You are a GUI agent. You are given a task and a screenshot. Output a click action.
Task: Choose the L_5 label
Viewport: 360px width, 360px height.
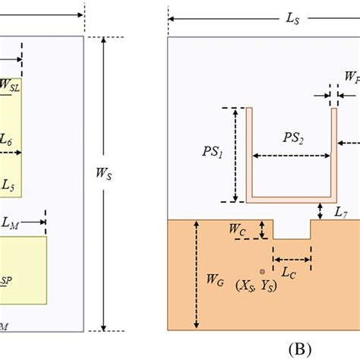point(8,184)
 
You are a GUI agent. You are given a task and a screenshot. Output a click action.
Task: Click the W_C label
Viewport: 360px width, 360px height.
point(238,229)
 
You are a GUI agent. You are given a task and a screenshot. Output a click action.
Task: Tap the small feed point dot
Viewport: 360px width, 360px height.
point(262,270)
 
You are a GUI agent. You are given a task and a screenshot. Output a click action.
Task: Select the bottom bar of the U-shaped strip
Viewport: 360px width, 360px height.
point(291,201)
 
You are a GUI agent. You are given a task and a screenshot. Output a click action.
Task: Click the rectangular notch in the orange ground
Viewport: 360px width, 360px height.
point(291,229)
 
